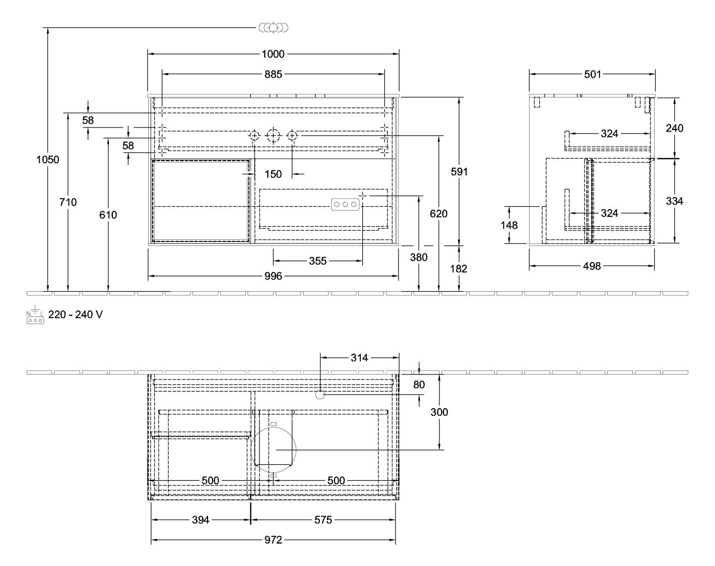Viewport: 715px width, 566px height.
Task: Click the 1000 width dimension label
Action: click(x=273, y=54)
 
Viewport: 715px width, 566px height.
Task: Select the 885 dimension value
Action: click(x=273, y=75)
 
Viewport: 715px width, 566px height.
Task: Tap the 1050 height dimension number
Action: click(x=48, y=160)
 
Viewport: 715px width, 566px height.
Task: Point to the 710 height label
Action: click(x=68, y=202)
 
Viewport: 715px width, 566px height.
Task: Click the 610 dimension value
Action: click(x=108, y=215)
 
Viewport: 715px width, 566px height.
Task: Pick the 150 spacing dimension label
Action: click(x=273, y=174)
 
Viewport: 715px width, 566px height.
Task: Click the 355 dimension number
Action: click(x=317, y=261)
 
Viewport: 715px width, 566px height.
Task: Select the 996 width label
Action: click(x=273, y=276)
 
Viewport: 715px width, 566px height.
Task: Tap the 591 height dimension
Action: click(x=459, y=172)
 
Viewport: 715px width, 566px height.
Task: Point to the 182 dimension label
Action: click(x=459, y=269)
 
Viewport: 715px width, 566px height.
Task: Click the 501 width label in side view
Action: click(x=592, y=75)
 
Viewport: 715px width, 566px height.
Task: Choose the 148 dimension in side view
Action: click(x=509, y=225)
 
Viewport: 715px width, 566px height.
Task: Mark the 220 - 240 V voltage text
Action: click(x=76, y=315)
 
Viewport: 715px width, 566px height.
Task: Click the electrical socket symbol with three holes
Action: click(x=345, y=204)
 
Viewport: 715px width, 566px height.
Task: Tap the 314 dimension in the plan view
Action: click(x=359, y=358)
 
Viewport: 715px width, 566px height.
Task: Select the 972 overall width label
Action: click(x=273, y=540)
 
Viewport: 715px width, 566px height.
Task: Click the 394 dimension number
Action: click(x=201, y=520)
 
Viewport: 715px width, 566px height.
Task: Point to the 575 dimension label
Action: click(x=323, y=520)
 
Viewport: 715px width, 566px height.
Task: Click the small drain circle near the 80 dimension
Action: click(x=320, y=395)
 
